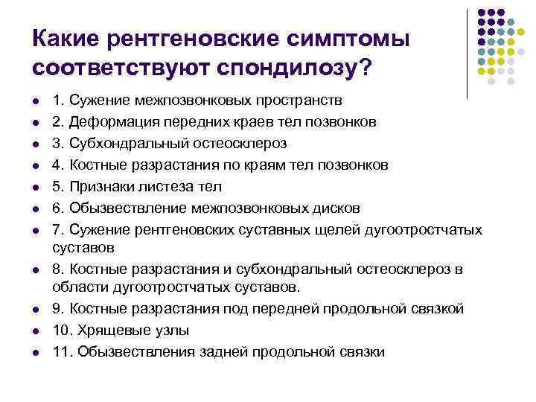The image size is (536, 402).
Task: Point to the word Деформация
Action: point(101,121)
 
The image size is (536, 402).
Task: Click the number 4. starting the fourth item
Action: point(57,164)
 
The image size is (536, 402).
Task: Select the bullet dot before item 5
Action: point(36,186)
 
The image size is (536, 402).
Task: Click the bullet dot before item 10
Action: point(36,331)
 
